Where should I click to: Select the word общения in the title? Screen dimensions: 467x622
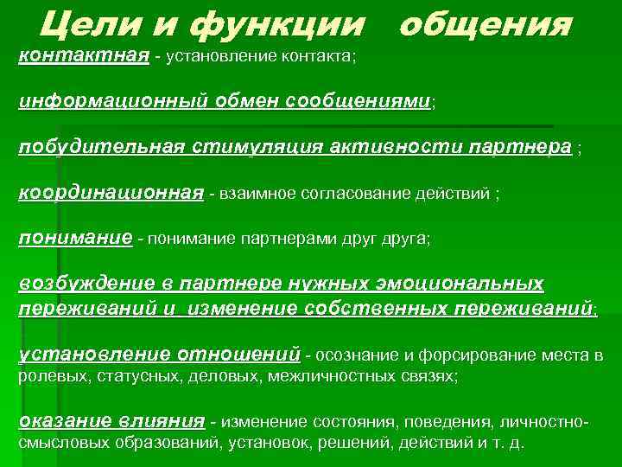pos(485,25)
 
